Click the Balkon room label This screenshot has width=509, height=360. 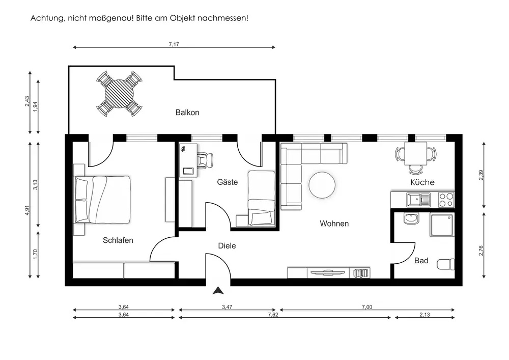pos(187,113)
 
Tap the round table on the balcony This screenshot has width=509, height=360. pos(120,94)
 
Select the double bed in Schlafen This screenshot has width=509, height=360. pos(102,200)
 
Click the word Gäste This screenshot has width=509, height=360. pos(227,182)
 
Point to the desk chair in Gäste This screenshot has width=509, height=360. pos(205,160)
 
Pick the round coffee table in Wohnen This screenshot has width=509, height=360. pos(322,185)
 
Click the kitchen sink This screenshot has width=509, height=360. pos(418,199)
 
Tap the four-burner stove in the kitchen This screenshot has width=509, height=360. pos(446,200)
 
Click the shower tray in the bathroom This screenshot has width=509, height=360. pos(442,225)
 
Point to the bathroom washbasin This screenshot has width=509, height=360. pos(412,218)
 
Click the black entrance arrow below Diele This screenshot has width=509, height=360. pos(218,291)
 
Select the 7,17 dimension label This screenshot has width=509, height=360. pos(174,44)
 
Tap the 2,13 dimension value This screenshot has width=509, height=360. pos(425,315)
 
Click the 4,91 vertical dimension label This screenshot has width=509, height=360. pos(27,210)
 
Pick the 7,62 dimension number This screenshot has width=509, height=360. pos(273,315)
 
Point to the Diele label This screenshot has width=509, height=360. pos(227,246)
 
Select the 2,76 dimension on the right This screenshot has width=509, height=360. pos(481,251)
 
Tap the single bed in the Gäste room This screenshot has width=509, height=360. pos(262,198)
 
